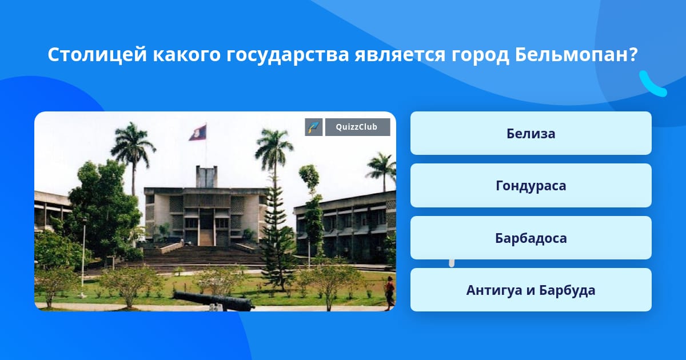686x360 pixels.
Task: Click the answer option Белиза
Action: click(x=531, y=133)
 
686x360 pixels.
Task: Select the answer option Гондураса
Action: click(x=531, y=186)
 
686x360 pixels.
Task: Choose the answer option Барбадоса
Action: click(x=531, y=238)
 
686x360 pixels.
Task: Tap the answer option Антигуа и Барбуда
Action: click(x=531, y=290)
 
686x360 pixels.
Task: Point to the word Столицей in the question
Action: click(x=97, y=55)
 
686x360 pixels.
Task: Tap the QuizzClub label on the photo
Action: click(x=357, y=127)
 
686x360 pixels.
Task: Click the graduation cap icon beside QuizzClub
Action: click(x=314, y=127)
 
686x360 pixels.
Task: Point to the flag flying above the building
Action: click(x=198, y=133)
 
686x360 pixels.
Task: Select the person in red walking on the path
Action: click(x=389, y=293)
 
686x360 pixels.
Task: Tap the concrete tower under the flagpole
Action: click(x=207, y=177)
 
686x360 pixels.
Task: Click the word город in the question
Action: click(x=480, y=55)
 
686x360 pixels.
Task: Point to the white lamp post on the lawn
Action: click(x=83, y=257)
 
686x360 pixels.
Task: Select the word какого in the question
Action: click(x=186, y=55)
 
